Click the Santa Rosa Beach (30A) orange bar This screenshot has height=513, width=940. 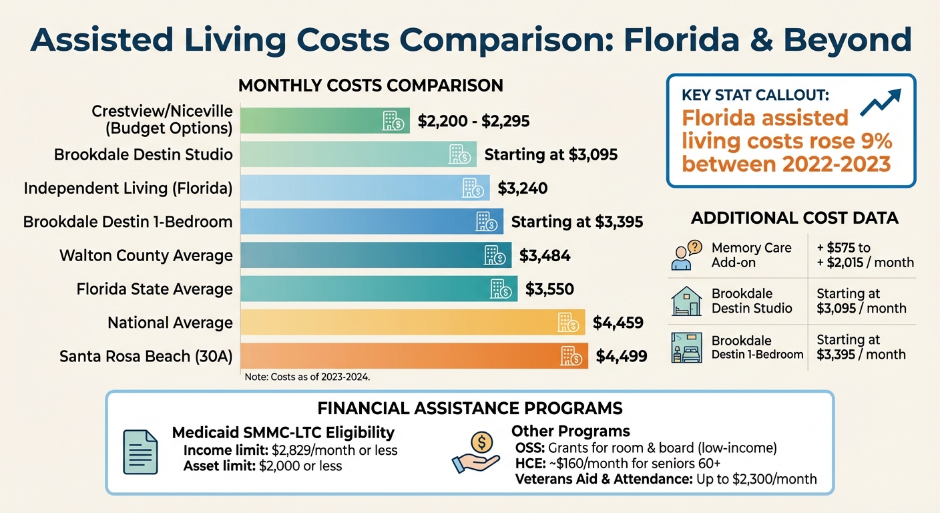414,356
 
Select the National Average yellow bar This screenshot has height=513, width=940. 412,323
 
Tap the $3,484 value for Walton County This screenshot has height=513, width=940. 545,255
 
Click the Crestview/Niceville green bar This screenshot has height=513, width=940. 324,120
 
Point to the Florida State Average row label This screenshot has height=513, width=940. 154,289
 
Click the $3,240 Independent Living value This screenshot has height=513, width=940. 522,188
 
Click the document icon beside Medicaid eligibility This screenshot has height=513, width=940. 141,452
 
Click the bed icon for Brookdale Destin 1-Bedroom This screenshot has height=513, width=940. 686,347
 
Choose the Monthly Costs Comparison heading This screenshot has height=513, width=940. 371,86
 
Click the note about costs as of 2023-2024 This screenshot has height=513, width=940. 307,377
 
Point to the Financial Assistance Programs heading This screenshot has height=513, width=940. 470,408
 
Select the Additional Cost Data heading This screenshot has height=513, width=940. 794,218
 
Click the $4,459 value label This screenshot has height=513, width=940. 618,323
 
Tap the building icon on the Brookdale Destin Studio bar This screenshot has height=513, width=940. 458,154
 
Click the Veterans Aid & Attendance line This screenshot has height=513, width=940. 666,479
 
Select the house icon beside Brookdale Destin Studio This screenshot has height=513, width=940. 686,301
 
